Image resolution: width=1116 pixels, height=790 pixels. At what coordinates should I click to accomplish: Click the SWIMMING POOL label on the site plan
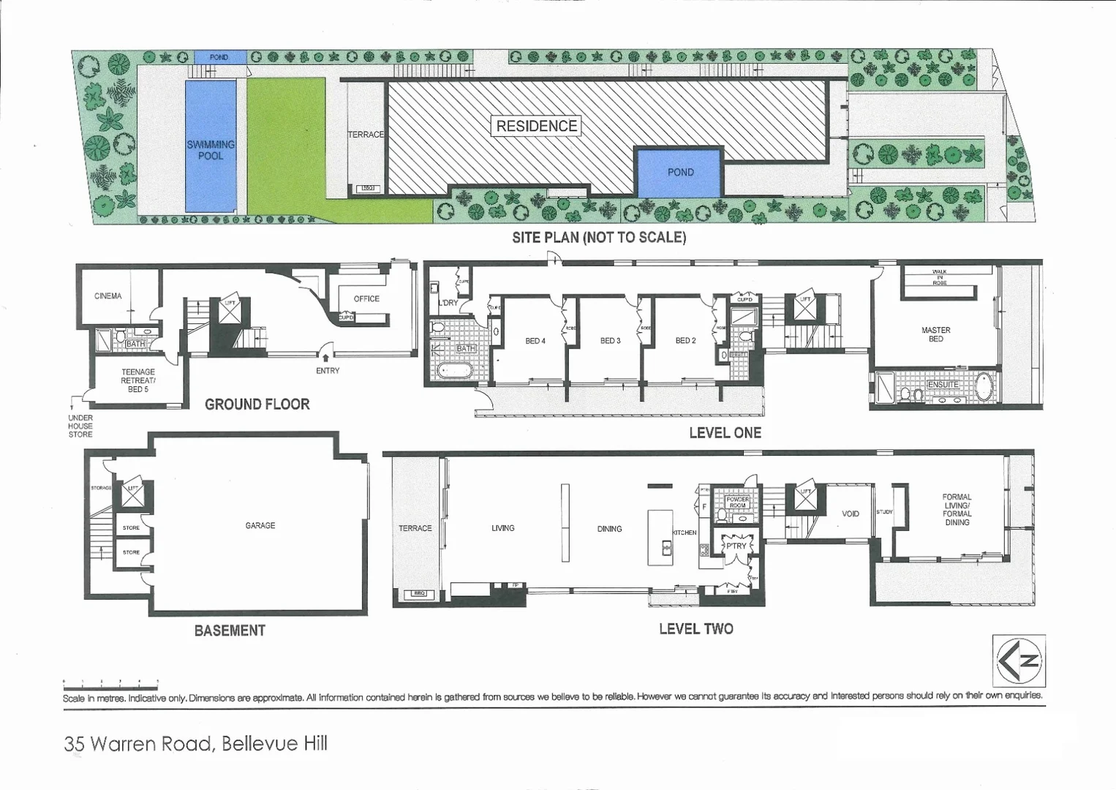tap(211, 150)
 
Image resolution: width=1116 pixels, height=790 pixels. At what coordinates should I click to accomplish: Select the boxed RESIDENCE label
tap(537, 126)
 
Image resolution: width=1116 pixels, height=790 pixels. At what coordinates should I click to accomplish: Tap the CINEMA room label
tap(108, 296)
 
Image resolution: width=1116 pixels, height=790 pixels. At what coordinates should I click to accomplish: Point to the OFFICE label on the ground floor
tap(366, 298)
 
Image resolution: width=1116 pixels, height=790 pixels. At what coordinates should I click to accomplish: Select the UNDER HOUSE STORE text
tap(80, 426)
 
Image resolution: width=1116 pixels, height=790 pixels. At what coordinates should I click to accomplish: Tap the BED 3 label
tap(610, 341)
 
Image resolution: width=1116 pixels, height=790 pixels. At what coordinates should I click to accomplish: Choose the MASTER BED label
tap(935, 334)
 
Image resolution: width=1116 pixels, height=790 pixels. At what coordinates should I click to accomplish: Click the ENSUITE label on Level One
tap(943, 385)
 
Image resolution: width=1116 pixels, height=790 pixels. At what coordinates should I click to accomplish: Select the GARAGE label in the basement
tap(260, 525)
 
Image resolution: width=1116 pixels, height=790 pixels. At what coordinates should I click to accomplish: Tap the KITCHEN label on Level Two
tap(685, 533)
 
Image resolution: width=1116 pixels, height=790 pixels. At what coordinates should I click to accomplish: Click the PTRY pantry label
tap(736, 546)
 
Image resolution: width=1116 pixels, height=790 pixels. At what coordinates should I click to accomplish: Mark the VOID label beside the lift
tap(850, 513)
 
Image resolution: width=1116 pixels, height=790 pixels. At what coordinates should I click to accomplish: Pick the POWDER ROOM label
tap(737, 503)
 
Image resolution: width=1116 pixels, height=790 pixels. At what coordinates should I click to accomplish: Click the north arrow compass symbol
tap(1019, 661)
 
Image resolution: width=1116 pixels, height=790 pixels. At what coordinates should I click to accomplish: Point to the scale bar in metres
tap(110, 683)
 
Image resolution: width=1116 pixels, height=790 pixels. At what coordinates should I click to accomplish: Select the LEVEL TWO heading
tap(695, 628)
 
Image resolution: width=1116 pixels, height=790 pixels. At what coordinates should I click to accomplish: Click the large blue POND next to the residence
tap(680, 172)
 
